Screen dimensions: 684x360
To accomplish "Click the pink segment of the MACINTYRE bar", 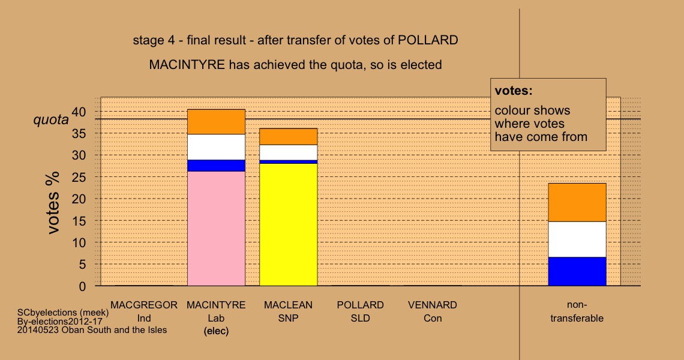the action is tap(217, 229).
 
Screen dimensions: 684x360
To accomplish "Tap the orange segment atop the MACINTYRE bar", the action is tap(217, 122).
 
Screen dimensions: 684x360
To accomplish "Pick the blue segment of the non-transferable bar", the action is tap(577, 271).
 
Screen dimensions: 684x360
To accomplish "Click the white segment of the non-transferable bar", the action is tap(577, 239).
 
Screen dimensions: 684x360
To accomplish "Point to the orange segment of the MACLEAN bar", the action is tap(289, 137).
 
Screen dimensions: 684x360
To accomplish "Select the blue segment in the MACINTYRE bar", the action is tap(217, 166).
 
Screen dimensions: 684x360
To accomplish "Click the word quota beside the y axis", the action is tap(51, 119).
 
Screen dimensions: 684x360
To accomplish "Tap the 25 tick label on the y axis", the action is tap(79, 177).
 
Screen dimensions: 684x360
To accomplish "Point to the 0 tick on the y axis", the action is tap(82, 287).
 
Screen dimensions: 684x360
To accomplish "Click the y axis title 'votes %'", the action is tap(53, 203).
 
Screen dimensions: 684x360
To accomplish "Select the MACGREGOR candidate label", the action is tap(144, 305).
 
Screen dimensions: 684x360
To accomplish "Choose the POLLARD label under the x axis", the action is tap(361, 305).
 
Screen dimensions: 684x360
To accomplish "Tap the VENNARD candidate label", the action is tap(432, 305).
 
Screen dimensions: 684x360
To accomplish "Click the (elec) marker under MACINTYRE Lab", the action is tap(217, 331).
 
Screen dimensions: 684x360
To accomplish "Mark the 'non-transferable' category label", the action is tap(577, 311).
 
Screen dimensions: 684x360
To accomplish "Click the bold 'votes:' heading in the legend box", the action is tap(514, 91).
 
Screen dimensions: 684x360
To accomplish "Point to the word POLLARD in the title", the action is tap(428, 40).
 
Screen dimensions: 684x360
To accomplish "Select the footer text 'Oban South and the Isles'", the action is tap(114, 330).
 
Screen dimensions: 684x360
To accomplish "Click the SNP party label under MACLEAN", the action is tap(289, 318).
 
